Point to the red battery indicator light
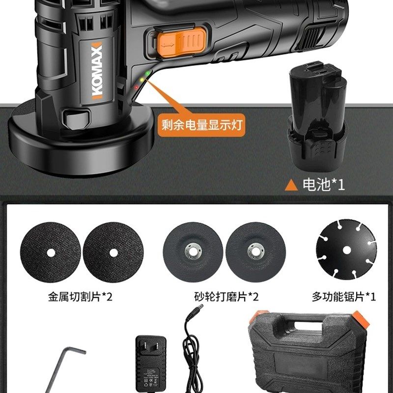click(136, 87)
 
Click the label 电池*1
click(323, 185)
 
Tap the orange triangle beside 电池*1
click(292, 185)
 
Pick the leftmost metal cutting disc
click(51, 253)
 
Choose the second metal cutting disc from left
click(113, 253)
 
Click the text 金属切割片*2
click(80, 297)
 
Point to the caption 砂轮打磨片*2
click(226, 297)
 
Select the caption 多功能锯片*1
click(344, 297)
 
